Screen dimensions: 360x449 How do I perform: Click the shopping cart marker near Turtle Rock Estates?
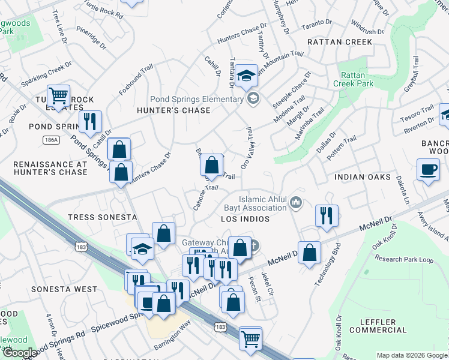(x=58, y=95)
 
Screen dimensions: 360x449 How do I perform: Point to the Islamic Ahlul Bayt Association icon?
(x=295, y=204)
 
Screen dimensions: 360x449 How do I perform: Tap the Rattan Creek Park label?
(x=358, y=80)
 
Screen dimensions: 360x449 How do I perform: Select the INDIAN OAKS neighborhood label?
(x=363, y=178)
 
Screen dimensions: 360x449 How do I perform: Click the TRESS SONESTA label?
(x=102, y=217)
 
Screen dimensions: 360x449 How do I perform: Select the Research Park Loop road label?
(x=403, y=259)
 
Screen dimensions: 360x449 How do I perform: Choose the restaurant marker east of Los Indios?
(x=326, y=215)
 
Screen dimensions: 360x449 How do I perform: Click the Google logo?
(x=20, y=353)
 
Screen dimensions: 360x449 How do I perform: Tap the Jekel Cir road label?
(x=267, y=285)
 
